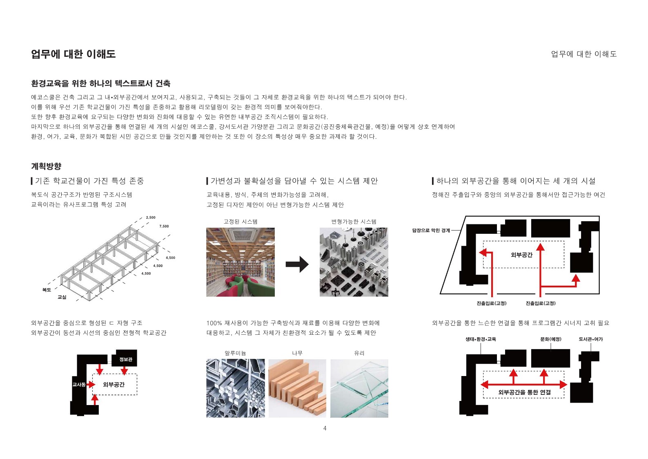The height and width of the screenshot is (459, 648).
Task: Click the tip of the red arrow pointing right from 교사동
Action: click(95, 385)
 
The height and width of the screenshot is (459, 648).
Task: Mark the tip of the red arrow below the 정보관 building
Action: click(125, 374)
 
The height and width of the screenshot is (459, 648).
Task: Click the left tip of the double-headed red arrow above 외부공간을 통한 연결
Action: click(481, 385)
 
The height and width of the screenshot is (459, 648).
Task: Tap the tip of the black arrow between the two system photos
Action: click(309, 264)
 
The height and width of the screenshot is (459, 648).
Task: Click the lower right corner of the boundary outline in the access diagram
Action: click(599, 293)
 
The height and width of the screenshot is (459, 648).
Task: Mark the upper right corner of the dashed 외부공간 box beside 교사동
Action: click(137, 374)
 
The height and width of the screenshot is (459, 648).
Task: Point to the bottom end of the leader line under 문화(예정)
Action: click(550, 351)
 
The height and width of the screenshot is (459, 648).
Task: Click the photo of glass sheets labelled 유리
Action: click(359, 388)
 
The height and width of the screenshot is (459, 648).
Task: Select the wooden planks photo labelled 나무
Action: click(297, 388)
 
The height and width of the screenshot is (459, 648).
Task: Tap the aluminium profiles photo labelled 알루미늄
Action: click(236, 388)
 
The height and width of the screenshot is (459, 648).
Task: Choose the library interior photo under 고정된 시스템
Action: click(240, 262)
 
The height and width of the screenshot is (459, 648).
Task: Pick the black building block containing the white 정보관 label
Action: click(125, 358)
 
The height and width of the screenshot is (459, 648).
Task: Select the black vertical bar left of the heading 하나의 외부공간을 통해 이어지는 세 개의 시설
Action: click(433, 181)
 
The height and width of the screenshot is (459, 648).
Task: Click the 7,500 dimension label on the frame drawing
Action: click(164, 226)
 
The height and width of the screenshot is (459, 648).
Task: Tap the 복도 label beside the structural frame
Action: click(47, 290)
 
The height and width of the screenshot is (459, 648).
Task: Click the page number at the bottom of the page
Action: click(325, 428)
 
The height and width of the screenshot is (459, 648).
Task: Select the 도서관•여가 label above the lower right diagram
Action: click(591, 339)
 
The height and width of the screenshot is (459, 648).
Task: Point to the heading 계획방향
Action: click(46, 166)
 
